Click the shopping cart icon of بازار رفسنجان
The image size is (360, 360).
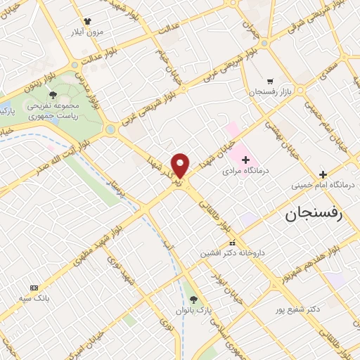(271, 80)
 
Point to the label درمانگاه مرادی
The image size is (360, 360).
(246, 171)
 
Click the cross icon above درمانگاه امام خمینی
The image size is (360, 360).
(323, 174)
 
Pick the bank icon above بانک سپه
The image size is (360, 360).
(34, 288)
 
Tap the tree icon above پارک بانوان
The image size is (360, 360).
(194, 299)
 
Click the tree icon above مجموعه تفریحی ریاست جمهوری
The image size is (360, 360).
(53, 95)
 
